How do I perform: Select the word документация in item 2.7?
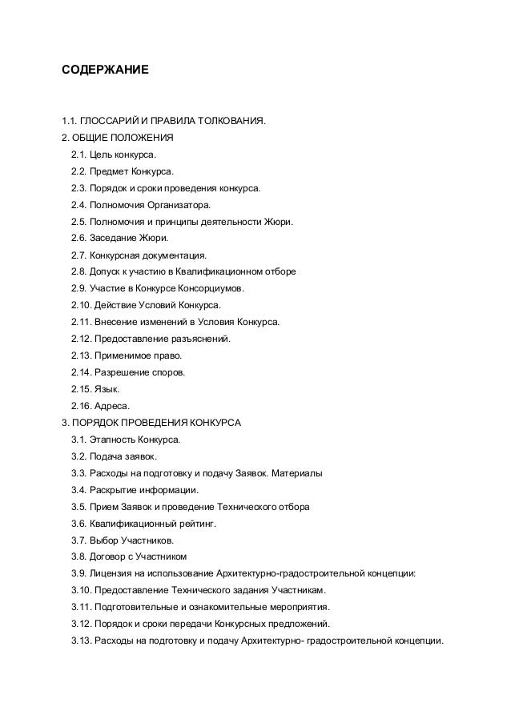(174, 255)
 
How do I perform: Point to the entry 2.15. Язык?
(95, 390)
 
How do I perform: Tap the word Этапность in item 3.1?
(112, 440)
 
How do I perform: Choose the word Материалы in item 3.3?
(298, 474)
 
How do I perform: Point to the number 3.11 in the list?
(82, 608)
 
